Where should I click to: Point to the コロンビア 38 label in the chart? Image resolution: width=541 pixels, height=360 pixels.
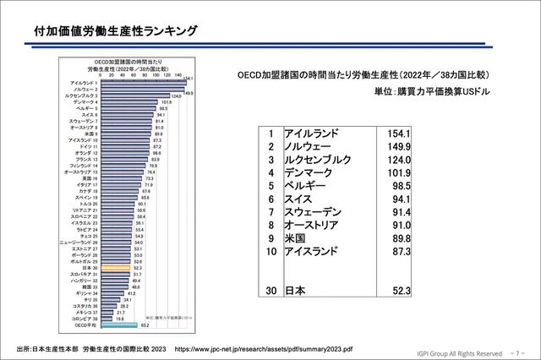pos(86,318)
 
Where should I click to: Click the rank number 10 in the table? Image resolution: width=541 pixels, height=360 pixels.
pos(270,251)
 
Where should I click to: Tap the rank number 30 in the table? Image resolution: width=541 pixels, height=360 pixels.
pos(270,291)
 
